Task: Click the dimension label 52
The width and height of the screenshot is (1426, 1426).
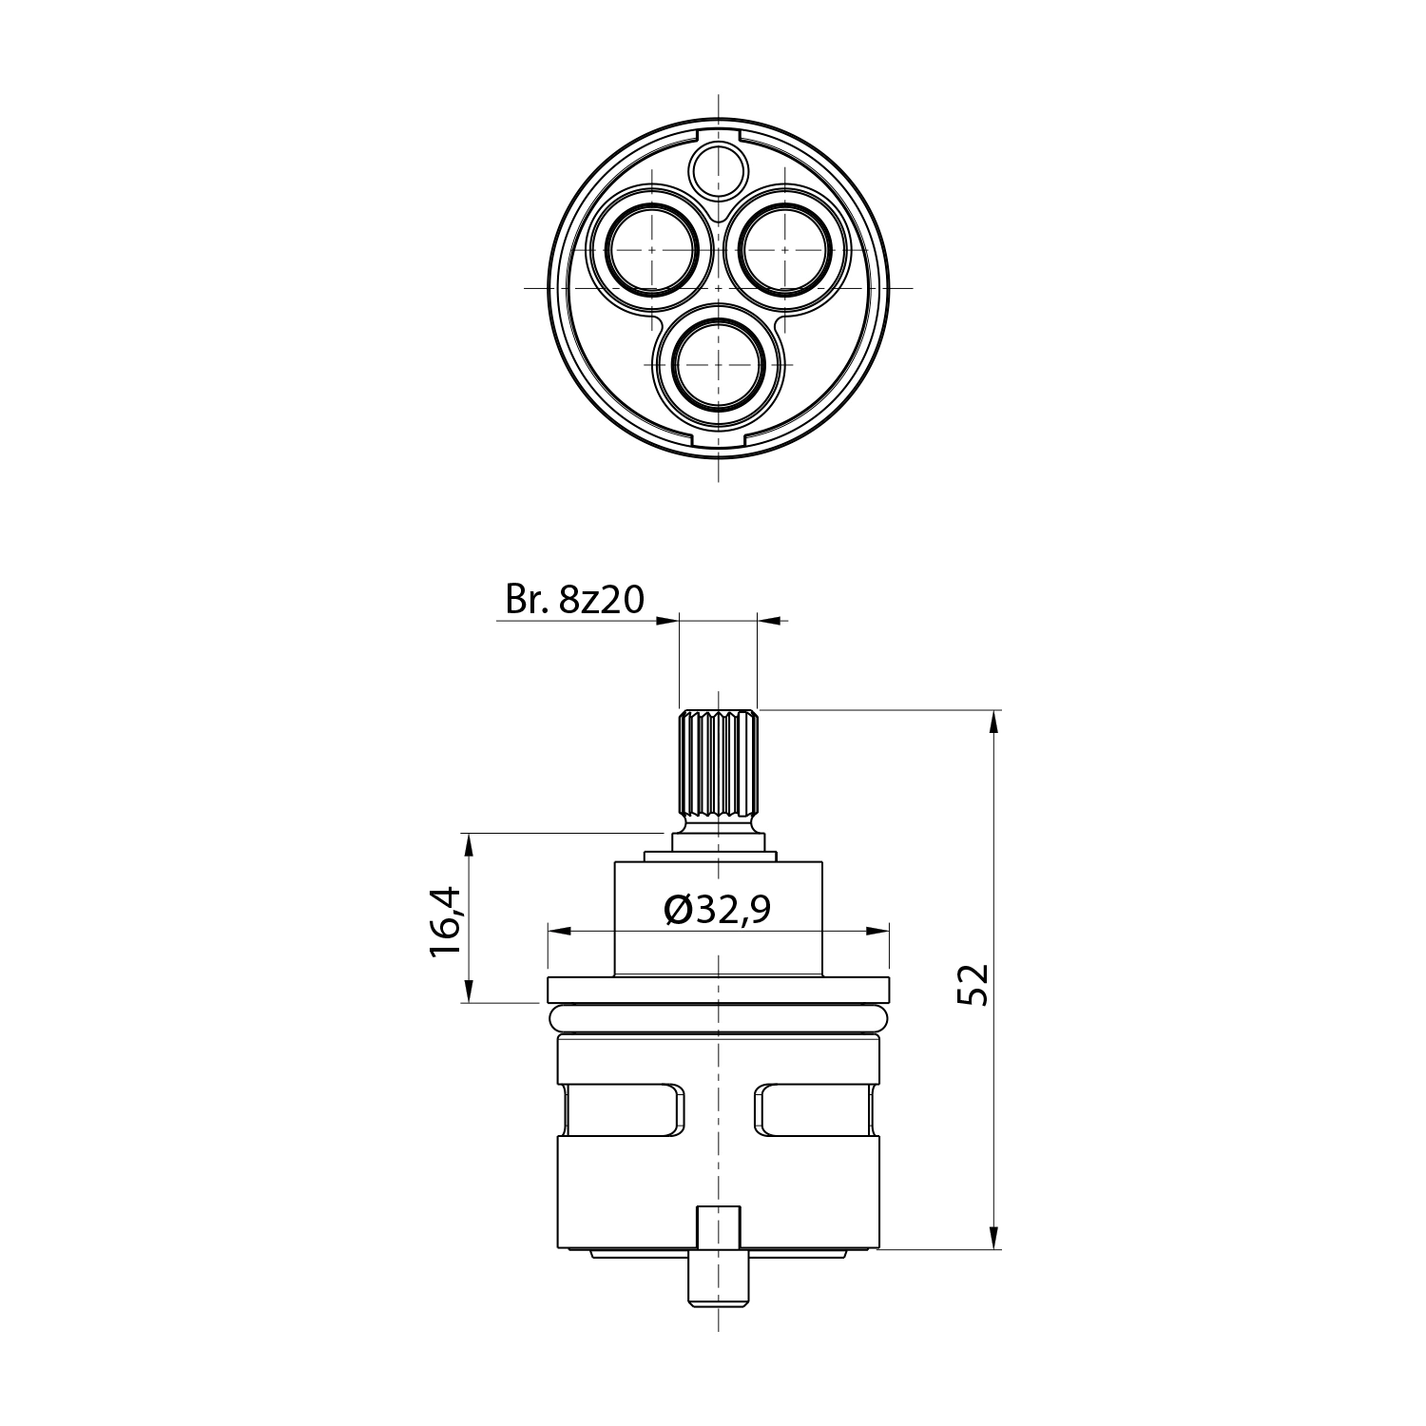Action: click(973, 984)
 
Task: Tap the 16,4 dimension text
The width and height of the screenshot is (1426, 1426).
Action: click(446, 921)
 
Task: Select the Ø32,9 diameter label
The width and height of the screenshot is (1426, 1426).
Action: click(717, 911)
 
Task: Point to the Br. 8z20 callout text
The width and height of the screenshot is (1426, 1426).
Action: click(575, 600)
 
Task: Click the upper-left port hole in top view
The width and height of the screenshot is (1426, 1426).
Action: click(652, 250)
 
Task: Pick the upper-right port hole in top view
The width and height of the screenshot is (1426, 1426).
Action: click(785, 250)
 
